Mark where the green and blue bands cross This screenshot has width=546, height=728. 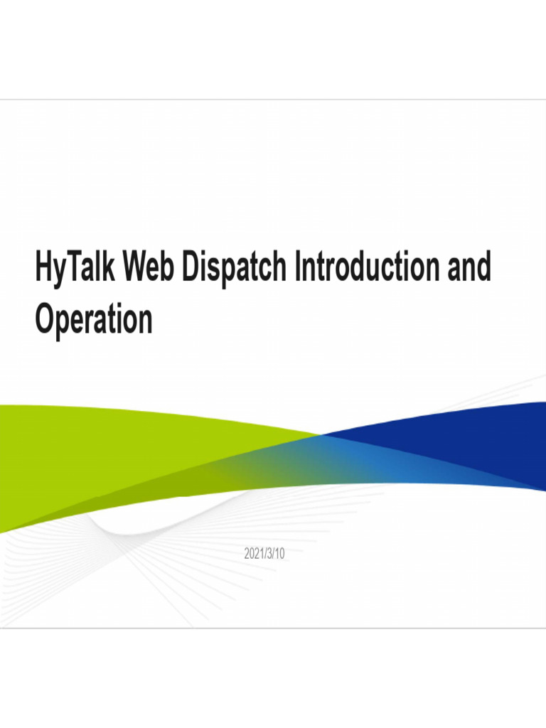321,434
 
